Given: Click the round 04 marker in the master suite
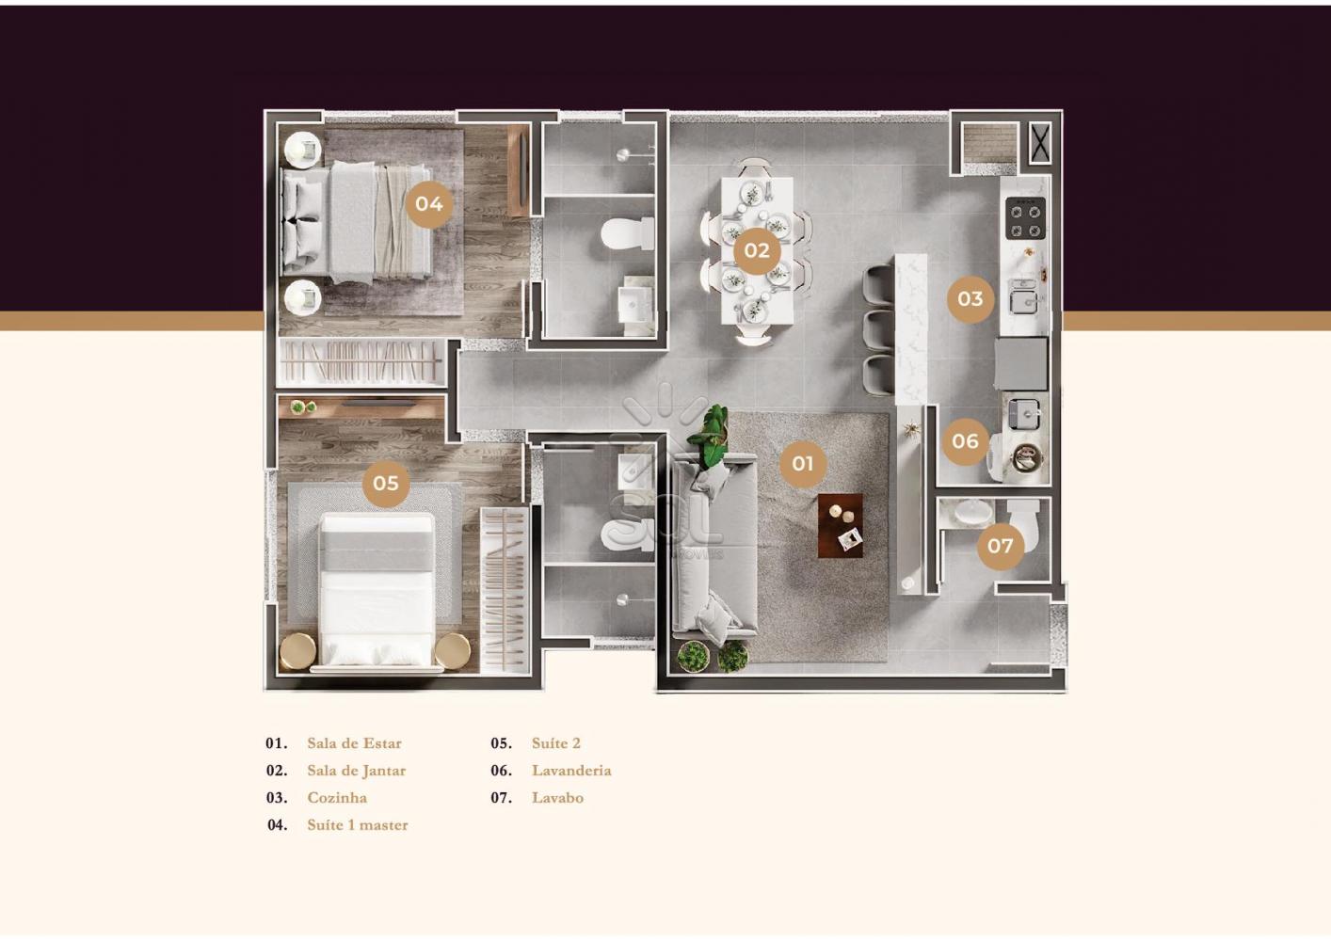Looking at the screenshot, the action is click(429, 204).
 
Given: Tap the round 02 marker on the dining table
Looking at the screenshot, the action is click(757, 250).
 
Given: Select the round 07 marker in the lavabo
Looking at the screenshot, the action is click(1000, 546).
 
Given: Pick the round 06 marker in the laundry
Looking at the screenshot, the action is click(965, 441).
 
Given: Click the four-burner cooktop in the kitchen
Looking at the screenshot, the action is click(1025, 218).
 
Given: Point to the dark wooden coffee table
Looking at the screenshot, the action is click(841, 526).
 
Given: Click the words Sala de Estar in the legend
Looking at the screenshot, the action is click(354, 743).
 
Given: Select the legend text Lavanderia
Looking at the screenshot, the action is click(571, 771).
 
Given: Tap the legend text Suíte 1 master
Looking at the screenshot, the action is click(358, 825).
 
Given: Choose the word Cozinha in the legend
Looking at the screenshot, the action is click(337, 798).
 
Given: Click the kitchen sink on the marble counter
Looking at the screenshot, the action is click(1023, 301).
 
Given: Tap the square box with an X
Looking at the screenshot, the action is click(1040, 143).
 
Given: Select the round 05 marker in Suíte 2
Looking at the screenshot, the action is click(386, 484).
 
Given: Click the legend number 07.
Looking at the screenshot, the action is click(501, 798).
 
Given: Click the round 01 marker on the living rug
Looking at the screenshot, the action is click(802, 463).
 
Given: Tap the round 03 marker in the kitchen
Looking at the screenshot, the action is click(970, 299).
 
